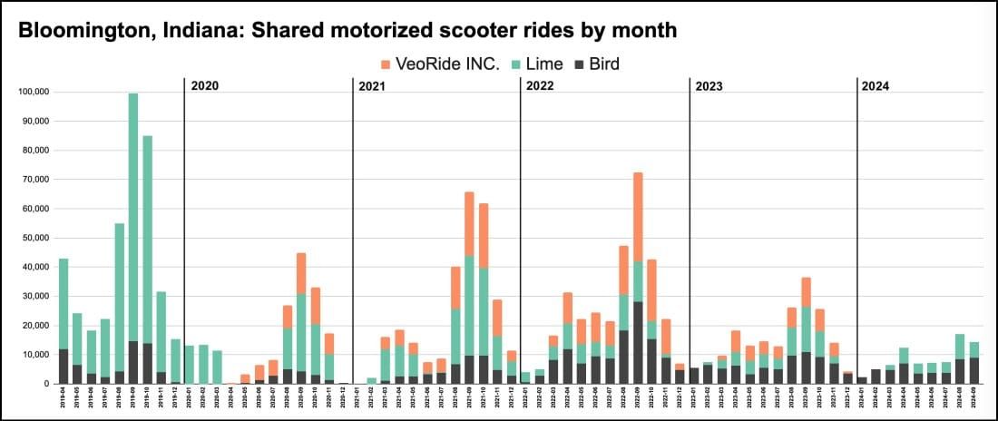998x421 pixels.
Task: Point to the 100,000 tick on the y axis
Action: pyautogui.click(x=34, y=92)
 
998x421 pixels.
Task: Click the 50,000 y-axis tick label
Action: pyautogui.click(x=35, y=238)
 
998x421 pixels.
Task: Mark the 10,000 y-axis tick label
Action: pyautogui.click(x=35, y=355)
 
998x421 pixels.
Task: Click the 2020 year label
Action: pyautogui.click(x=205, y=86)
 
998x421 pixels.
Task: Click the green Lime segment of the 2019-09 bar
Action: pyautogui.click(x=133, y=218)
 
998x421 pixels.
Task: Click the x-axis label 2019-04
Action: pyautogui.click(x=64, y=400)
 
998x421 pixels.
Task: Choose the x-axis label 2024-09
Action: pyautogui.click(x=974, y=400)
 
